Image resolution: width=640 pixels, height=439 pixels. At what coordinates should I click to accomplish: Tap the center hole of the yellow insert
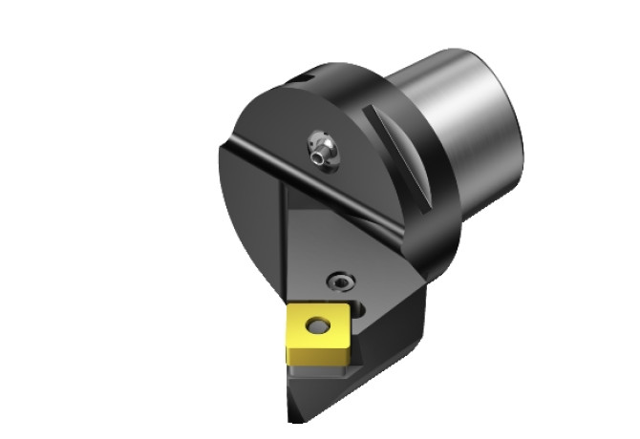coord(314,326)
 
